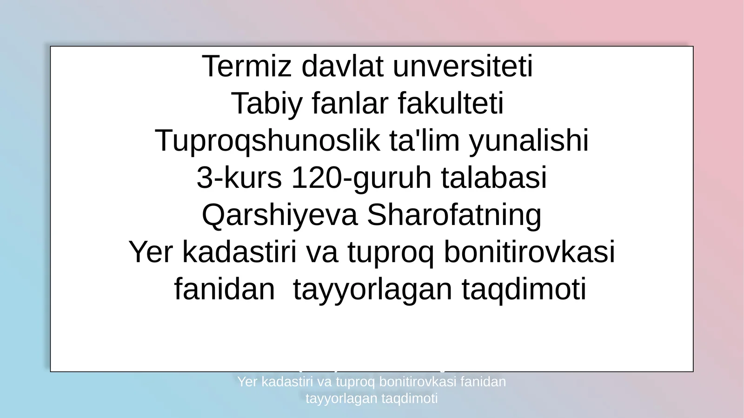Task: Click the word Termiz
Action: pos(247,66)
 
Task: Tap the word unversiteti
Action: pos(463,66)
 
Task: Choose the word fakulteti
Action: pos(451,104)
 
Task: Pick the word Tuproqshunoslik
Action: pos(267,141)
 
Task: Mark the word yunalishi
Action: pos(529,141)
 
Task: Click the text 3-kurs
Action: pos(239,178)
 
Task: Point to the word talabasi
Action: pos(494,178)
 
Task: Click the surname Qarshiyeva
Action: pos(279,215)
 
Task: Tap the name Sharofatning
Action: pos(454,215)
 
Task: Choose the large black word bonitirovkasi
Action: pos(529,252)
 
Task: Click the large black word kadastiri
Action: pos(239,252)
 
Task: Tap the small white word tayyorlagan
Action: pos(341,398)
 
